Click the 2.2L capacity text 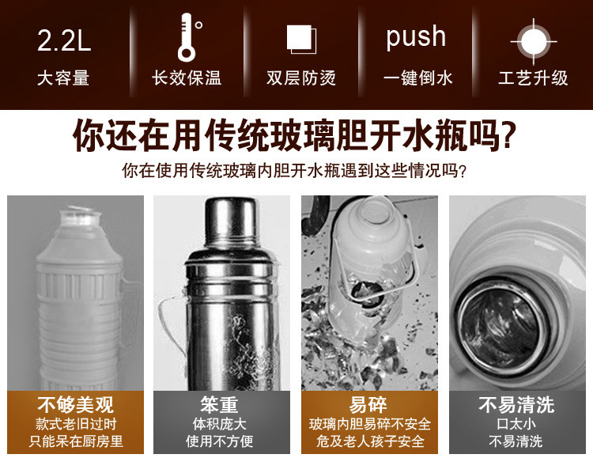pyautogui.click(x=64, y=40)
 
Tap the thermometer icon pyautogui.click(x=187, y=36)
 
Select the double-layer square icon pyautogui.click(x=300, y=39)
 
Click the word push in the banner pyautogui.click(x=416, y=37)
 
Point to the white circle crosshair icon pyautogui.click(x=532, y=40)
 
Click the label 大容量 pyautogui.click(x=63, y=78)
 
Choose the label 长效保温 pyautogui.click(x=187, y=78)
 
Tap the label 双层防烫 pyautogui.click(x=301, y=78)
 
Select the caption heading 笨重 pyautogui.click(x=219, y=405)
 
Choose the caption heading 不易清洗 pyautogui.click(x=516, y=405)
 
